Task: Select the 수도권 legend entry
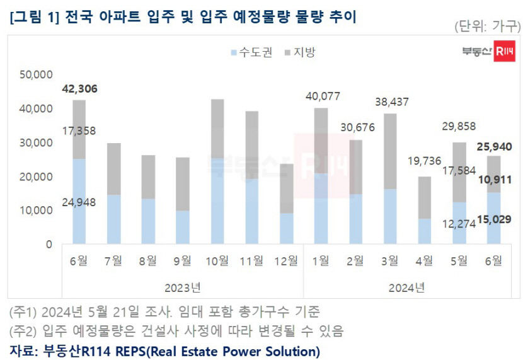point(252,52)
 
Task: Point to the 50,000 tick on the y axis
point(37,74)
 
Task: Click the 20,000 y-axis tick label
point(37,177)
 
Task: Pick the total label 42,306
point(79,89)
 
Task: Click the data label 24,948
point(80,202)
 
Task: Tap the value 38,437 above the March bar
point(391,102)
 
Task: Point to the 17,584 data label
point(460,172)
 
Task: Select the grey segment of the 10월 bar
point(217,129)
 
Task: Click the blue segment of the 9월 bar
point(182,227)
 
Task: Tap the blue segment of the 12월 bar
point(286,228)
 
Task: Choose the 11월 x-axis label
point(251,260)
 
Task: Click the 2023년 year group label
point(183,287)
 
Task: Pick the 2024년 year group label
point(408,287)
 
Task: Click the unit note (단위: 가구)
point(487,26)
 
